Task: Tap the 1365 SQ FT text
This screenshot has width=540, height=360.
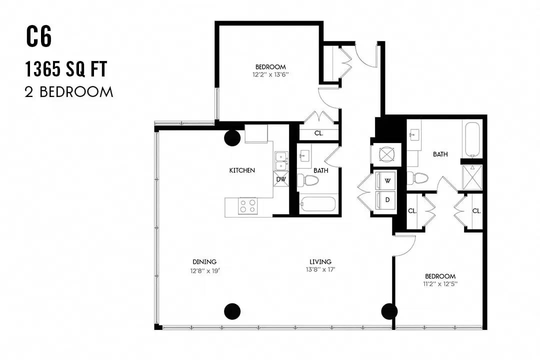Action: [x=66, y=69]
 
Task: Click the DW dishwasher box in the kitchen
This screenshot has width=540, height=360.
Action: [x=281, y=179]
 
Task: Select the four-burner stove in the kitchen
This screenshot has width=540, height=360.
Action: [x=248, y=206]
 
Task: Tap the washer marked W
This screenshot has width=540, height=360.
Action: [x=385, y=180]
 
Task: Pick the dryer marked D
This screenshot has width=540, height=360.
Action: [x=385, y=200]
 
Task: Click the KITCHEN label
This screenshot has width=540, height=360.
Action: [x=242, y=170]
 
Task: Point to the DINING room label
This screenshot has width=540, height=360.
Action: [x=204, y=262]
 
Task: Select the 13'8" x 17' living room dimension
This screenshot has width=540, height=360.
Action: [x=320, y=269]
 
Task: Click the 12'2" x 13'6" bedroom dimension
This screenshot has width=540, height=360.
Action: [x=270, y=74]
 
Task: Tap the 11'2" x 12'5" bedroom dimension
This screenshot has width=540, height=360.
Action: [x=440, y=284]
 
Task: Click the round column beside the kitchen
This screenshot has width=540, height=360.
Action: [x=232, y=138]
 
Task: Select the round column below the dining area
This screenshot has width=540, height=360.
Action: [x=232, y=311]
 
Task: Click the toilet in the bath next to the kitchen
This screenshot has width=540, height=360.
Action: [x=308, y=180]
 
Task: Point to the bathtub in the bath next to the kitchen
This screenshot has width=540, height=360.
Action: [x=317, y=204]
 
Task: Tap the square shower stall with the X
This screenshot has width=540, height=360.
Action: [x=472, y=177]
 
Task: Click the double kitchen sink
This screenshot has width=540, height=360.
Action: [x=281, y=161]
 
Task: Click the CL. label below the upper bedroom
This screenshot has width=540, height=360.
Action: [x=318, y=133]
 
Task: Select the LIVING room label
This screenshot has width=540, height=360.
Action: [x=320, y=262]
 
